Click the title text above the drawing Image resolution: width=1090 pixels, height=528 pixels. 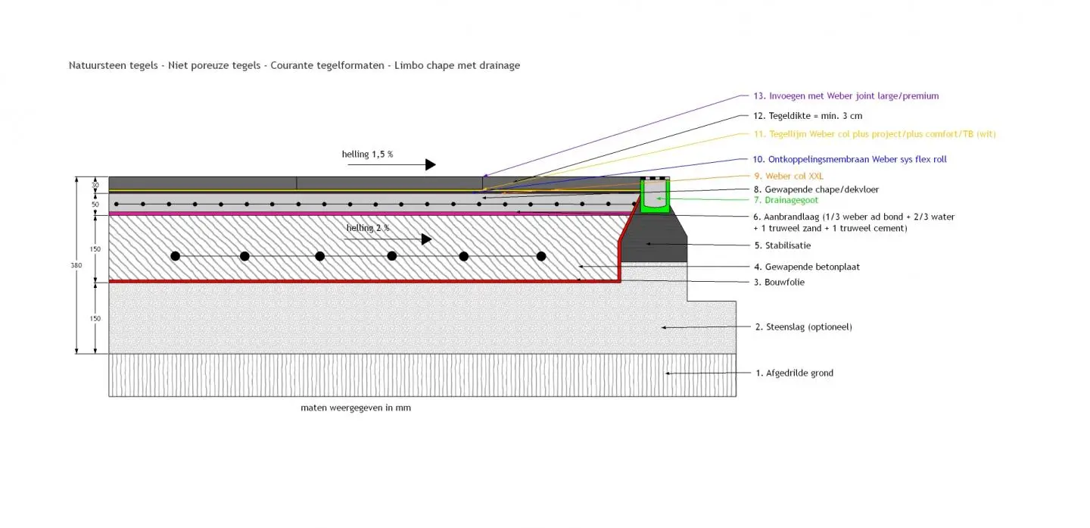click(x=294, y=65)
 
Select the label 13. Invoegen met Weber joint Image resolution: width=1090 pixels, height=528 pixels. click(x=846, y=96)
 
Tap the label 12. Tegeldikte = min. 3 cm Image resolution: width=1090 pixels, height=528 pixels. click(x=808, y=116)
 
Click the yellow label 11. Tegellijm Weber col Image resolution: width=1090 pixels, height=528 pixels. click(x=874, y=134)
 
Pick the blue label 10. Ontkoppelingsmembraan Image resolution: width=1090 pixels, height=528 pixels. click(x=849, y=159)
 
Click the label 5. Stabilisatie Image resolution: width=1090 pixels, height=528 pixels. click(x=783, y=245)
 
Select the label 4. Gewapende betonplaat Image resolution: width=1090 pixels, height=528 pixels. click(x=807, y=267)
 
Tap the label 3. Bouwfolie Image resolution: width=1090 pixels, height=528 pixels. click(x=779, y=282)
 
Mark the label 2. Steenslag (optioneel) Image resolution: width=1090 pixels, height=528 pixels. click(x=803, y=327)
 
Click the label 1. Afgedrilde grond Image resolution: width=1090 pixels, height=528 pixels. click(x=794, y=373)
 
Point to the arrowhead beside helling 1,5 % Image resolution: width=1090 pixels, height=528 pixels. click(x=430, y=164)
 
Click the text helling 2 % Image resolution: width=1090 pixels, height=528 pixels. click(x=368, y=227)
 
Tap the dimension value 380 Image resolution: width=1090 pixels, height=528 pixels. click(x=76, y=265)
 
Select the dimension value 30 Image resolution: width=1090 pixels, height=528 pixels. click(x=95, y=184)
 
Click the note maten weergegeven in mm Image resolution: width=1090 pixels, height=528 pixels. click(x=356, y=408)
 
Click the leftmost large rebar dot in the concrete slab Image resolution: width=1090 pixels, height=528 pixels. click(x=176, y=256)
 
